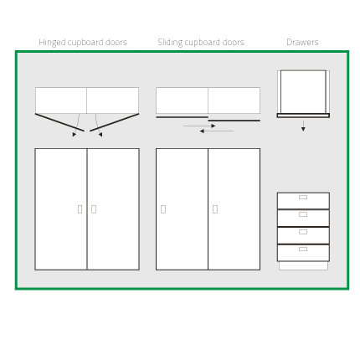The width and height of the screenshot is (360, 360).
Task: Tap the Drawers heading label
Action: click(x=302, y=42)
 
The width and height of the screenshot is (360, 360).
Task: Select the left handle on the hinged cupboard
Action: click(x=80, y=209)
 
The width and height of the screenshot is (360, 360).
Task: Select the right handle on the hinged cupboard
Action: click(x=94, y=209)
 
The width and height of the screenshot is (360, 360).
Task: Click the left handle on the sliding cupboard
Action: click(x=163, y=209)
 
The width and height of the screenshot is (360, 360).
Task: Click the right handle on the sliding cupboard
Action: click(x=215, y=209)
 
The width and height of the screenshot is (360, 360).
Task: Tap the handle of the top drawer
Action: click(x=303, y=198)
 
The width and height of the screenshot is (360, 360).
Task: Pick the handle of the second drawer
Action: click(x=303, y=214)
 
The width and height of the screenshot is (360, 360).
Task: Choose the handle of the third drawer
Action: click(x=303, y=232)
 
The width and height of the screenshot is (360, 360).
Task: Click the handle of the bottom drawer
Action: click(x=303, y=249)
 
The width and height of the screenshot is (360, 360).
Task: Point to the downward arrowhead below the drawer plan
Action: click(x=303, y=129)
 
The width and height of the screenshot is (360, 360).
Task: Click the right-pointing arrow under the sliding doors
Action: click(x=199, y=126)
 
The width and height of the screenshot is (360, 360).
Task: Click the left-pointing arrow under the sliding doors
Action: click(x=217, y=131)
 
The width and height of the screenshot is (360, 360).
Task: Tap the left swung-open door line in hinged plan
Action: click(x=59, y=122)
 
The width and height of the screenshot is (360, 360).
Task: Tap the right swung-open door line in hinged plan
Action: click(x=115, y=122)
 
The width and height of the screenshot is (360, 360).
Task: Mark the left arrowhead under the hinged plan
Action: click(x=74, y=135)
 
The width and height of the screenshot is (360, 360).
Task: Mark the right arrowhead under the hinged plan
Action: click(x=100, y=135)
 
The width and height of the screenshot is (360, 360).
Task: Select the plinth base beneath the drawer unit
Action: click(x=303, y=266)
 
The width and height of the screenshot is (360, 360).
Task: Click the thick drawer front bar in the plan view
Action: click(x=303, y=116)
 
